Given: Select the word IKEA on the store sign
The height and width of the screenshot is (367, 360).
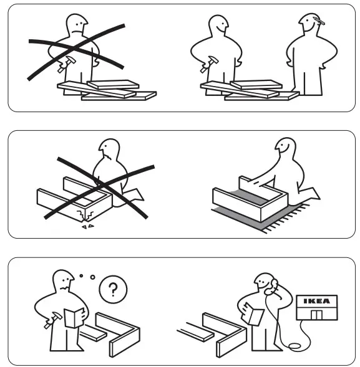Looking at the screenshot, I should point(316,301).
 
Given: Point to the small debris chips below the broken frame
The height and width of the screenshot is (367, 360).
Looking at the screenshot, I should point(87,227).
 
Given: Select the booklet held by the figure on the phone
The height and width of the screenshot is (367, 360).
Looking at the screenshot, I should point(255,315).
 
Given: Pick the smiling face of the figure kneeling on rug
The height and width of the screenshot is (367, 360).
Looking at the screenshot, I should point(285,150).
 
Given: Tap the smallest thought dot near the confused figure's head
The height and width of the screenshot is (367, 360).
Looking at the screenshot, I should point(82,274).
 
